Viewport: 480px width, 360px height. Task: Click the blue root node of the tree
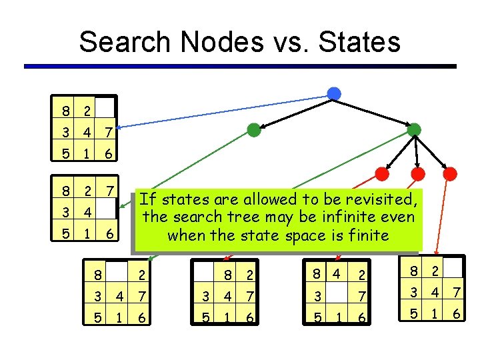coord(334,93)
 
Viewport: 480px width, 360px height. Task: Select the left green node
coord(253,130)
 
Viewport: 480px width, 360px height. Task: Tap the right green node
coord(414,129)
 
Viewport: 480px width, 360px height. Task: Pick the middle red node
coord(418,174)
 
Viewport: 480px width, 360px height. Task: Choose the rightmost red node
coord(451,174)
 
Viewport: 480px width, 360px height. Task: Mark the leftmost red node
coord(382,174)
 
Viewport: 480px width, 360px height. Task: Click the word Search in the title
coord(120,42)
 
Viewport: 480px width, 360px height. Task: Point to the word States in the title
coord(361,42)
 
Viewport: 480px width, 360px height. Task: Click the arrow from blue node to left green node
coord(293,111)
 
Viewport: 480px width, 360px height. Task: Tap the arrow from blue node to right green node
coord(375,111)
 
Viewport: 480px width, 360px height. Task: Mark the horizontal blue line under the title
coord(240,66)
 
